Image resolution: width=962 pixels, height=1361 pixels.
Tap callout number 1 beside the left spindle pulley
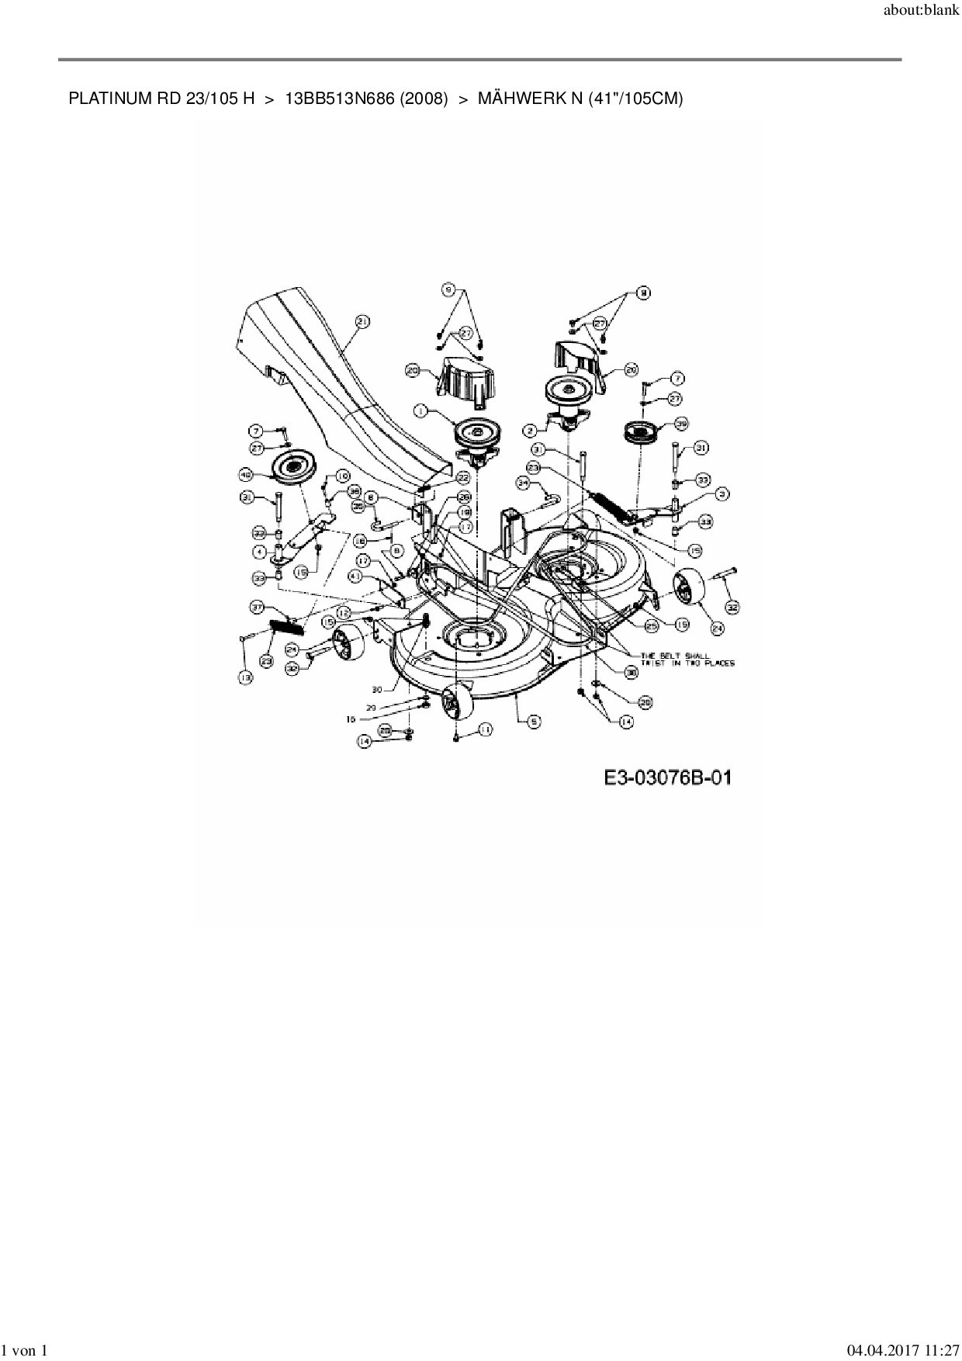click(x=420, y=410)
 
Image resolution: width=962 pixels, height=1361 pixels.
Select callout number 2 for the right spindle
click(x=531, y=429)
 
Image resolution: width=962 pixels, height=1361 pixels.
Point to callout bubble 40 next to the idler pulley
click(x=245, y=473)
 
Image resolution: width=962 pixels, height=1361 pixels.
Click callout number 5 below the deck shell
click(x=533, y=721)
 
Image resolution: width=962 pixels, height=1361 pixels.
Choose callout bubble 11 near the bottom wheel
click(x=486, y=729)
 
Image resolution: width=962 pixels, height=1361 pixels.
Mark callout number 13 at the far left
click(x=245, y=677)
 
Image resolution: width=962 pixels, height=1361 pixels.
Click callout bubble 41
click(x=355, y=577)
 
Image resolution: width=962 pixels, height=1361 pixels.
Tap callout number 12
click(x=344, y=613)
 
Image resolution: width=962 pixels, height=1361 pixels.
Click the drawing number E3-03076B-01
click(x=667, y=777)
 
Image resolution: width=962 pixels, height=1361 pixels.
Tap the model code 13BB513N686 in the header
click(x=341, y=99)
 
